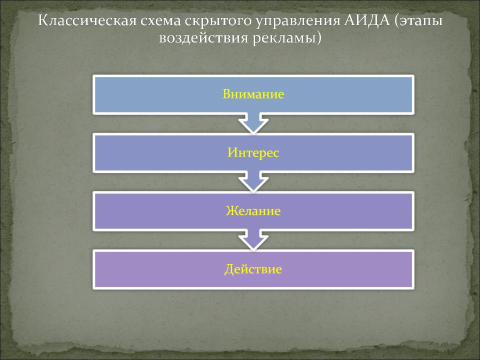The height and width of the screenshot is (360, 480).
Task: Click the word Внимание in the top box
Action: pyautogui.click(x=253, y=94)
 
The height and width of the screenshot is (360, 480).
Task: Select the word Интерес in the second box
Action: pyautogui.click(x=253, y=152)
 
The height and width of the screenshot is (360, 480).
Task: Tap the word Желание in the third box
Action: pyautogui.click(x=253, y=211)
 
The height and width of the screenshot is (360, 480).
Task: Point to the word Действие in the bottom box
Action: pyautogui.click(x=253, y=269)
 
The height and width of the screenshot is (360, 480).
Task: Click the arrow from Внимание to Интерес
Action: pyautogui.click(x=253, y=123)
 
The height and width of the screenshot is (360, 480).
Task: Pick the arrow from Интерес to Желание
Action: pyautogui.click(x=253, y=182)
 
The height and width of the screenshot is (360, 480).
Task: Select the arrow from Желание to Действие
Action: pyautogui.click(x=253, y=240)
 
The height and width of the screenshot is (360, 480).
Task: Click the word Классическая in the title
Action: pyautogui.click(x=87, y=20)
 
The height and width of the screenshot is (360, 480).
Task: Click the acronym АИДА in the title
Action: pyautogui.click(x=367, y=20)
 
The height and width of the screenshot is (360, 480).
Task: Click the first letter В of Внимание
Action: pyautogui.click(x=227, y=94)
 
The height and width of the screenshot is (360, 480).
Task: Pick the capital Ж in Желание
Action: pyautogui.click(x=231, y=211)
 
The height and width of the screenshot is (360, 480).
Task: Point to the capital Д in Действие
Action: pyautogui.click(x=229, y=269)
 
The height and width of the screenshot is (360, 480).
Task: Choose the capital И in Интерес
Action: pyautogui.click(x=233, y=152)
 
